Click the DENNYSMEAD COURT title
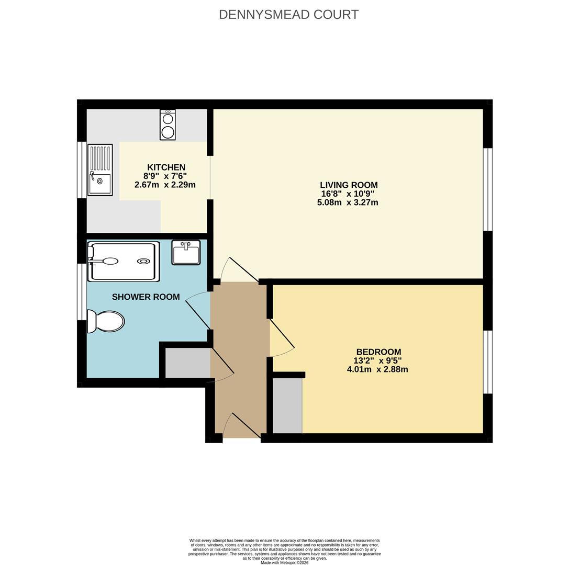click(288, 15)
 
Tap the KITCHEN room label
click(166, 167)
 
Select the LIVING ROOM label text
click(349, 185)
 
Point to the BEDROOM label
click(378, 352)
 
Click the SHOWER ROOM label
click(146, 297)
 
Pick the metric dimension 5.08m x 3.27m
click(348, 202)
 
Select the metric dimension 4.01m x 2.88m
click(377, 369)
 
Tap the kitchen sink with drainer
click(100, 170)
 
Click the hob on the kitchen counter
click(168, 125)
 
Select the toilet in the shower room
click(106, 321)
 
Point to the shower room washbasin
click(186, 253)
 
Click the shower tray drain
click(143, 261)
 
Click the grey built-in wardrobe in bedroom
click(287, 405)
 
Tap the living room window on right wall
click(487, 189)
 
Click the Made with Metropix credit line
click(284, 563)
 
